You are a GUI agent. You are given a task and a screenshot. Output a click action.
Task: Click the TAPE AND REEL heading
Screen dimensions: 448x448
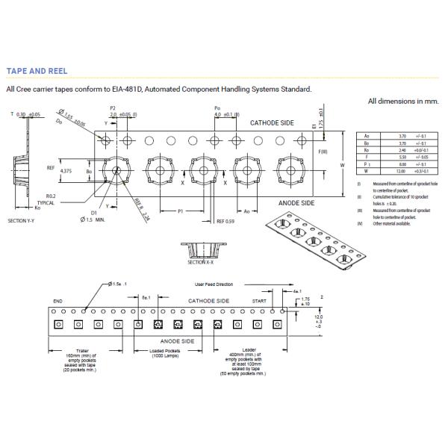(x=37, y=71)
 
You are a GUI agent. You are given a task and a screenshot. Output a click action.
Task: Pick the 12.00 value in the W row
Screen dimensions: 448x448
(x=402, y=171)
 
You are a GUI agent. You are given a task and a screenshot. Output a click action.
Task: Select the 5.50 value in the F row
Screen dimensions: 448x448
(x=402, y=158)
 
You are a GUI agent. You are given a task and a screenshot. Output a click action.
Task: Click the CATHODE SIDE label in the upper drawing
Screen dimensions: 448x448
(x=272, y=122)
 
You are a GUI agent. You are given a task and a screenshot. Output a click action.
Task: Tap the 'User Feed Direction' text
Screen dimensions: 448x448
(x=214, y=284)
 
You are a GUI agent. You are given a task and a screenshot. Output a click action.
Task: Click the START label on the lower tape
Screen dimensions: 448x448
(x=259, y=300)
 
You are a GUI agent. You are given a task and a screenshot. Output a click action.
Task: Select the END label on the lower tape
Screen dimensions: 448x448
(x=57, y=301)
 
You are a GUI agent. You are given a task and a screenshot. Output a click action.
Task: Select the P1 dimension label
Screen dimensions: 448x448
(x=181, y=212)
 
